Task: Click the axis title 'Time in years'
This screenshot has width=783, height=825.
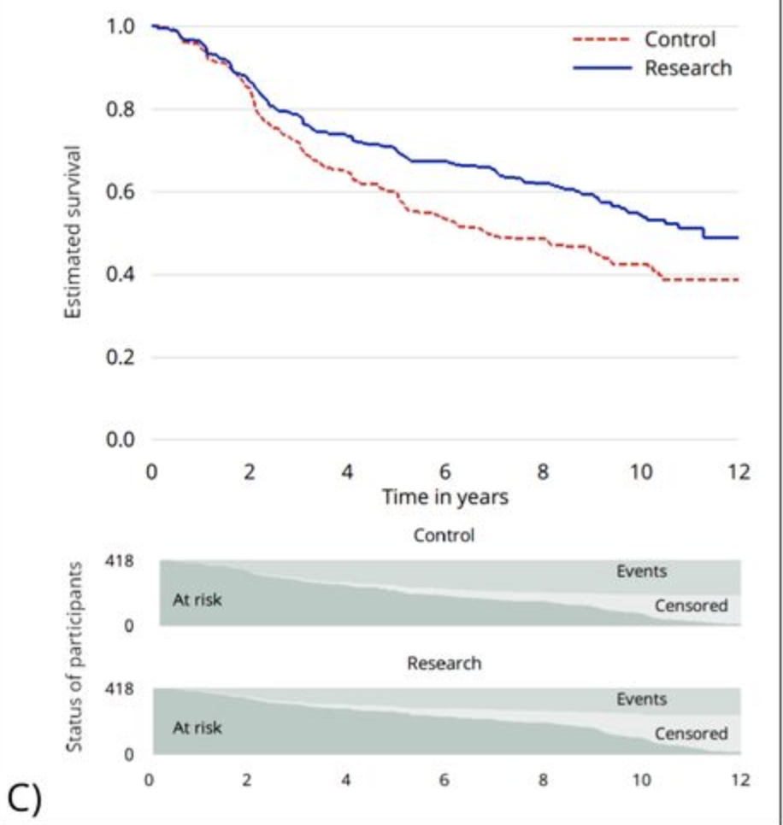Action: [x=444, y=496]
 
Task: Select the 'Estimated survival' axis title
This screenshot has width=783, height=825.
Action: [x=74, y=232]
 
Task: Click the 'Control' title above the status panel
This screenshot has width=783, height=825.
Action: [x=444, y=536]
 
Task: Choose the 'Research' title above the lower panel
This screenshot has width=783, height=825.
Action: [x=444, y=663]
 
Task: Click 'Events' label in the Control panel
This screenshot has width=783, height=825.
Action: [x=641, y=571]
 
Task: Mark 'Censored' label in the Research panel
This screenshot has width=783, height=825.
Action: [x=691, y=734]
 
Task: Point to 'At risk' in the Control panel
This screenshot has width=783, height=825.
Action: [x=197, y=600]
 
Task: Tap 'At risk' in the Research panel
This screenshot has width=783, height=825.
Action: [x=197, y=728]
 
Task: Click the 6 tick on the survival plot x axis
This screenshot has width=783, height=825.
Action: [x=444, y=471]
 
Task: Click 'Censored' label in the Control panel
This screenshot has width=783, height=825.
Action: [x=691, y=606]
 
